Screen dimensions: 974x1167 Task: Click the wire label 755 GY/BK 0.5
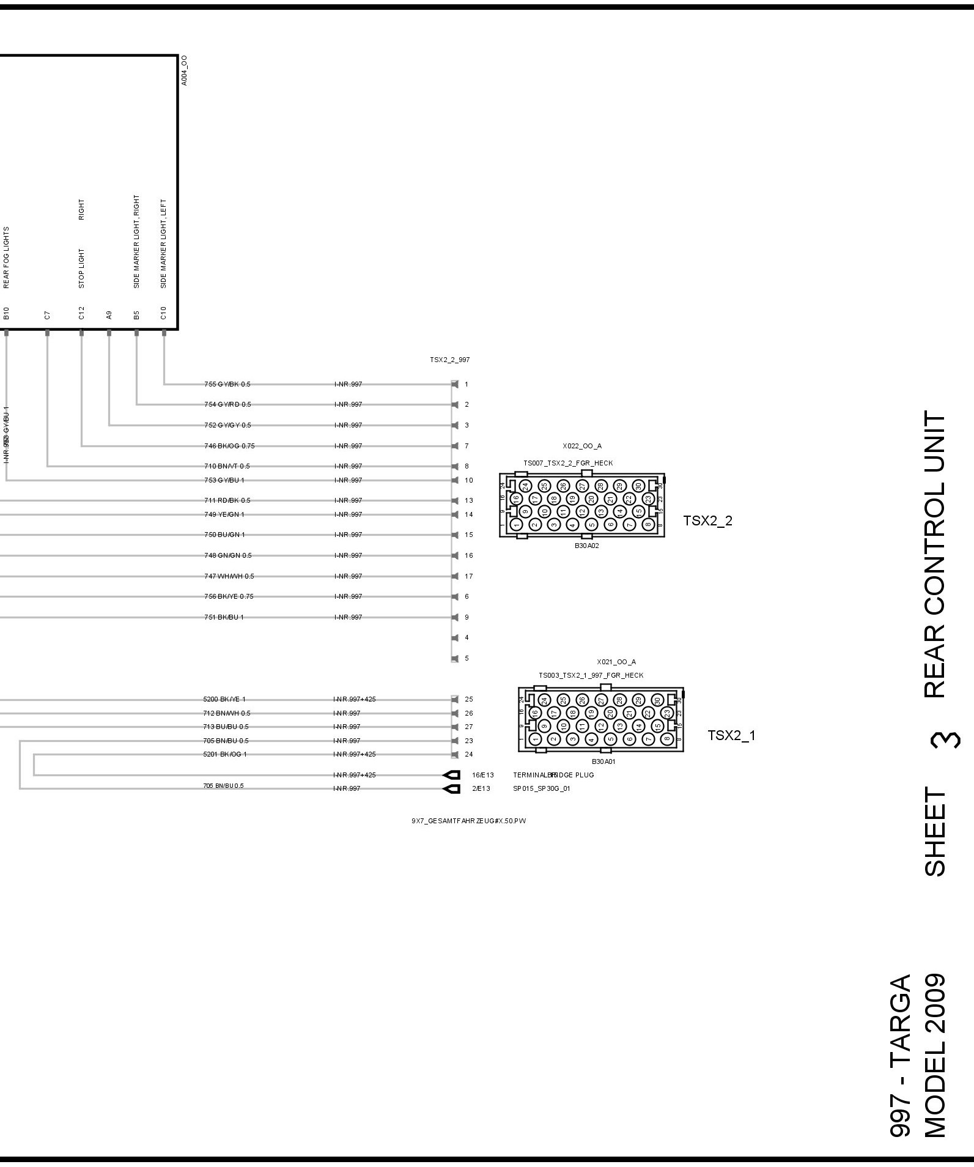[227, 384]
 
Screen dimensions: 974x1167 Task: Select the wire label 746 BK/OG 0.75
[229, 446]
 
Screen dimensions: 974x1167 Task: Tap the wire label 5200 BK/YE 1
[224, 699]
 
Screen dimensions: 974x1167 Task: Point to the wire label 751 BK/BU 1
[224, 617]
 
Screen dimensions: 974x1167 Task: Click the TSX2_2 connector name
[707, 521]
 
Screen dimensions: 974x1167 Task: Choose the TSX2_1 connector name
[731, 735]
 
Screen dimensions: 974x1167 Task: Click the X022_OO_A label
[582, 446]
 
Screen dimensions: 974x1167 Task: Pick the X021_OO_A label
[616, 662]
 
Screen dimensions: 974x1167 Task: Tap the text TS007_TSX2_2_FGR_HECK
[568, 463]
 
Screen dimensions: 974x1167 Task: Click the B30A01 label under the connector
[603, 762]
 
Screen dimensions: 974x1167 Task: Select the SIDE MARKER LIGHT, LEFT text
[163, 243]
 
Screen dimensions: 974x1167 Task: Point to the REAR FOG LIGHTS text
[7, 257]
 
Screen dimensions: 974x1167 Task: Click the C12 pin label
[81, 314]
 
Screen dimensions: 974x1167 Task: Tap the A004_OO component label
[185, 70]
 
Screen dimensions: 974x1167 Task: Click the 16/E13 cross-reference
[482, 775]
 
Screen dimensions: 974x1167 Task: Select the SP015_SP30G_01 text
[541, 788]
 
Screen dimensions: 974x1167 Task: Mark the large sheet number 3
[935, 740]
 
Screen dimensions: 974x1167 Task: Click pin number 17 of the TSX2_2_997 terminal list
[469, 576]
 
